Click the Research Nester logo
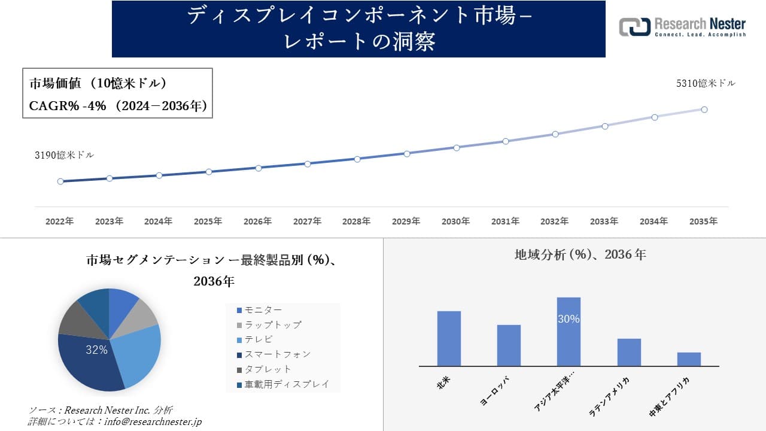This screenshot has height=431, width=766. (682, 27)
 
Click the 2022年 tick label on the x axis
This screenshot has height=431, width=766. (60, 221)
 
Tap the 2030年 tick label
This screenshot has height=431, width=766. (455, 221)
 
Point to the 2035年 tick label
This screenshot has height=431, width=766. (703, 221)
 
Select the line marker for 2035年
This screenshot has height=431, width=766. (704, 110)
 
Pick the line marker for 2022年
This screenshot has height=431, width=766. (60, 181)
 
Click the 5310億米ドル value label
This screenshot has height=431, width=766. (706, 84)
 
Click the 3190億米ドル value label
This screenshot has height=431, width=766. (64, 155)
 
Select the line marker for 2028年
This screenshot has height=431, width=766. (357, 159)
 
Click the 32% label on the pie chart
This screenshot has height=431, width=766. (96, 350)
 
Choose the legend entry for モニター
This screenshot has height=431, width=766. (259, 310)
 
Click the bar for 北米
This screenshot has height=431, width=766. (449, 338)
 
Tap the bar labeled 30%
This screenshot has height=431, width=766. (569, 332)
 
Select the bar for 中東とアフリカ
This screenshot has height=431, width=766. (689, 359)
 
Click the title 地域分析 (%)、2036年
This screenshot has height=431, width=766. (580, 254)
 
